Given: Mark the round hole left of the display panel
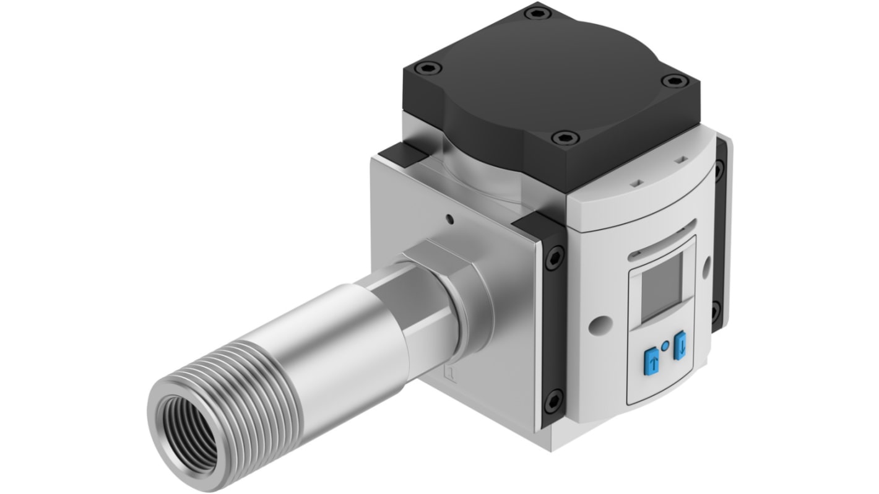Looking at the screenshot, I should pos(599,323).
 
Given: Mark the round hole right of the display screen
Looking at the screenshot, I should pos(706,268).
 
